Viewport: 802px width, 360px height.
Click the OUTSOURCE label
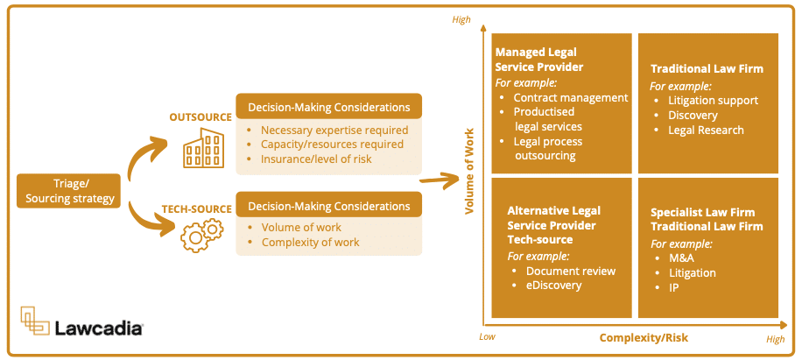tap(200, 116)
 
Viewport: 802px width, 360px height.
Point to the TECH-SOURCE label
tap(196, 208)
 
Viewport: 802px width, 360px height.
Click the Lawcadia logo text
tap(98, 328)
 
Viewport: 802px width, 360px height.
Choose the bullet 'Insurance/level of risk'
tap(317, 159)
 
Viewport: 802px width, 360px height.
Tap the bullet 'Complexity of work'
tap(310, 242)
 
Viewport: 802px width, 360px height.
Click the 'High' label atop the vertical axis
tap(461, 19)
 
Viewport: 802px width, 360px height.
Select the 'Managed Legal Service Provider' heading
tap(539, 60)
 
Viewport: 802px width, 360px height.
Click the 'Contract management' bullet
tap(570, 97)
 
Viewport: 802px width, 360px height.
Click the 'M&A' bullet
tap(682, 258)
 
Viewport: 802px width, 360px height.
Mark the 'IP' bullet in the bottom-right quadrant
tap(674, 288)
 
